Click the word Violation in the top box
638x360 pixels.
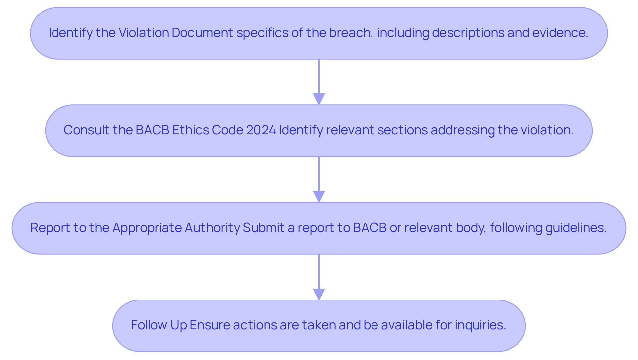click(144, 33)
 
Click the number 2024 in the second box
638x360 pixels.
click(261, 130)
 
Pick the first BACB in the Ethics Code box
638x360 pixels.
click(152, 130)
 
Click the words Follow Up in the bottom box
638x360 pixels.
click(159, 325)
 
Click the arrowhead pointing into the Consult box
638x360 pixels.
click(319, 99)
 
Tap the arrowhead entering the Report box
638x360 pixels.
click(319, 196)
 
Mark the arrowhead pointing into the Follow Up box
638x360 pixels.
click(319, 294)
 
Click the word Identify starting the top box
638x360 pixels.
click(70, 33)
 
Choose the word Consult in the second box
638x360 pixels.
click(86, 130)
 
